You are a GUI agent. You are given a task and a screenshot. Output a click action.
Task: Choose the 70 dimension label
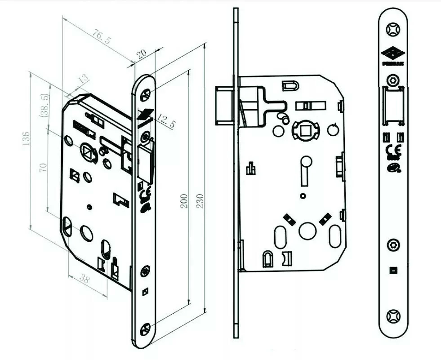pyautogui.click(x=43, y=168)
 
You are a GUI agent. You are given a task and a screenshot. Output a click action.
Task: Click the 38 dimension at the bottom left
pyautogui.click(x=84, y=279)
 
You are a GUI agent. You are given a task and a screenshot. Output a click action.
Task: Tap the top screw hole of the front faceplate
pyautogui.click(x=393, y=29)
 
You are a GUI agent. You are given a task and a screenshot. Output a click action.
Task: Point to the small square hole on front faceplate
pyautogui.click(x=393, y=270)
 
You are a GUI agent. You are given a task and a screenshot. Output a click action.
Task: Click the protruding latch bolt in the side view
pyautogui.click(x=223, y=105)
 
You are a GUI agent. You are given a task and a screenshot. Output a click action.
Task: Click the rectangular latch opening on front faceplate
pyautogui.click(x=393, y=106)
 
